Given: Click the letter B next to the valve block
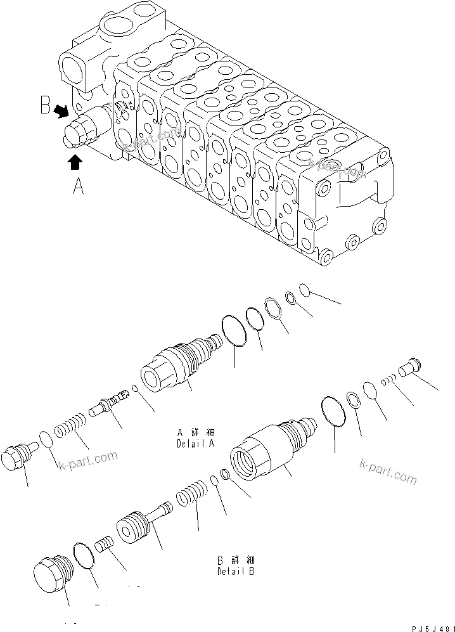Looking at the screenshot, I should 46,105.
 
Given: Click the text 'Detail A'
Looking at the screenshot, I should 196,444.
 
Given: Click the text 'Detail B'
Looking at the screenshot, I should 236,571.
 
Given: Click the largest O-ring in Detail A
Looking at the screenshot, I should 235,332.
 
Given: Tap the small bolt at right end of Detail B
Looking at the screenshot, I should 408,367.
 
